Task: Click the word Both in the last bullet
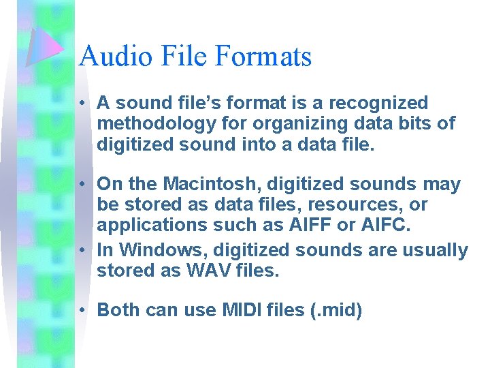pos(118,310)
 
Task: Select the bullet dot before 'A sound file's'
pos(81,104)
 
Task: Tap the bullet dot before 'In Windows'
pos(81,251)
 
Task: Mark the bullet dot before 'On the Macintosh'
pos(81,185)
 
